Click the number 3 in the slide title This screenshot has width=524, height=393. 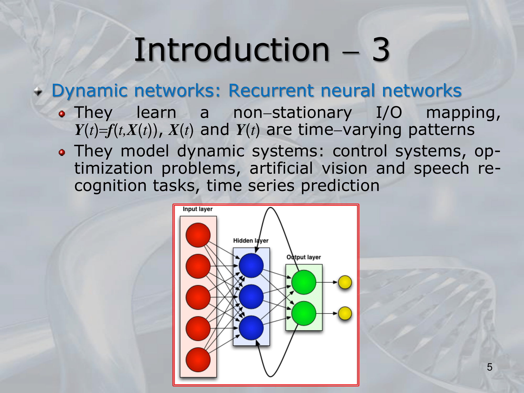[381, 50]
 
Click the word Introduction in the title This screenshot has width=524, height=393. [232, 50]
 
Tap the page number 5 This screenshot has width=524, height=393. [489, 367]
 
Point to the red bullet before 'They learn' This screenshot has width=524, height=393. [62, 114]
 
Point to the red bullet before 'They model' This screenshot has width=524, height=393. [62, 152]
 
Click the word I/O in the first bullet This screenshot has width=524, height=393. [389, 113]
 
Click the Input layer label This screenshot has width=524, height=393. [198, 209]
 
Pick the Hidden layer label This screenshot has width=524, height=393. [251, 241]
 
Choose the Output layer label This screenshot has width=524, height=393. [304, 257]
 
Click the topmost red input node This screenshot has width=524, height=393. [198, 235]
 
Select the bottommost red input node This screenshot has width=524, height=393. [198, 360]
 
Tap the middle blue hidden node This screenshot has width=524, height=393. [251, 297]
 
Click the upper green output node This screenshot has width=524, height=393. [304, 282]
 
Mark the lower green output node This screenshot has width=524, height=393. [304, 313]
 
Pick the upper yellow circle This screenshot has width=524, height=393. [345, 282]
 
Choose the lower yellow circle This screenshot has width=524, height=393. [345, 313]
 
